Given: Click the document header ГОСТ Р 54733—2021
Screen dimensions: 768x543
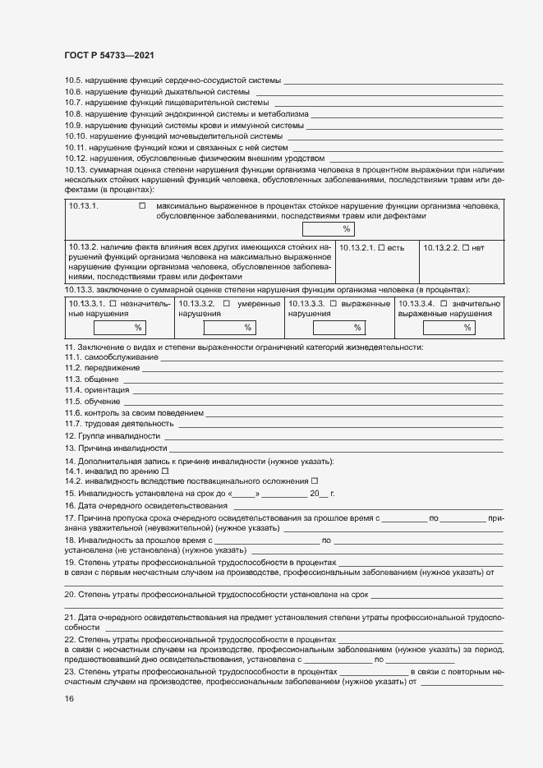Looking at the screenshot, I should (x=108, y=56).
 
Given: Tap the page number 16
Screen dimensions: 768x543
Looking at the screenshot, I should (x=69, y=698).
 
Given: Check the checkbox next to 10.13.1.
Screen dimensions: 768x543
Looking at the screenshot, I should (x=142, y=205).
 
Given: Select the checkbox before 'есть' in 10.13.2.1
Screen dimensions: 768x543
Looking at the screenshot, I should (x=381, y=247).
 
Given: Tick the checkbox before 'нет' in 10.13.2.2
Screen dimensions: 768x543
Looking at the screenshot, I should (x=466, y=247).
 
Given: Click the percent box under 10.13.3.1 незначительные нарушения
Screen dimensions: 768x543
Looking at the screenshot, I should (x=119, y=328).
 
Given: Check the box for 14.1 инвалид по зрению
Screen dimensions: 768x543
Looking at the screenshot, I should (x=165, y=471).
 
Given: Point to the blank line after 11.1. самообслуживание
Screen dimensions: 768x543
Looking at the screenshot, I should (x=332, y=358).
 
